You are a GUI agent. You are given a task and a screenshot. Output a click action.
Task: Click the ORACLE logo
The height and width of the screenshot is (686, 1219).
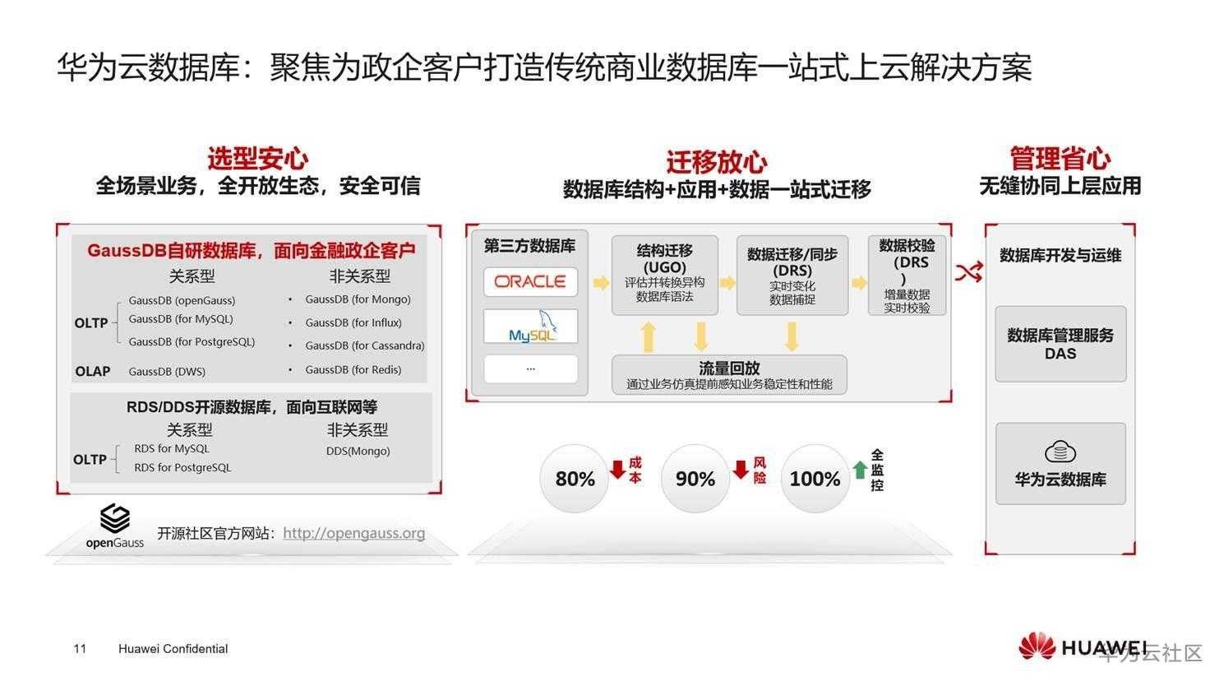coord(530,281)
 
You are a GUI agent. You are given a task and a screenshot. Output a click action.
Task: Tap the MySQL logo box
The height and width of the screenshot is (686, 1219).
coord(531,326)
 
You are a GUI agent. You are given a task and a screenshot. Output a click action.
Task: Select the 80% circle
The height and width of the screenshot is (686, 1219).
coord(574,479)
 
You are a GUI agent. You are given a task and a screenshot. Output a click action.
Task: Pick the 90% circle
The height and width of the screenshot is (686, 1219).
coord(695,479)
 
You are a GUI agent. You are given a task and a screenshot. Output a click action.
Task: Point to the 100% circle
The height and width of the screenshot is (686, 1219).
coord(815,479)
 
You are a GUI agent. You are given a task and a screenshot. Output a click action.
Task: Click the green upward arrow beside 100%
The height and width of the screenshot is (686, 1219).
coord(860,470)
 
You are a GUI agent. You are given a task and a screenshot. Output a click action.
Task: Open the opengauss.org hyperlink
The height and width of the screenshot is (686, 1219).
coord(353,533)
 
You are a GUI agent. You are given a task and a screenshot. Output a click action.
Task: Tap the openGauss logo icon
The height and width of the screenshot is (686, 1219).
coord(115,518)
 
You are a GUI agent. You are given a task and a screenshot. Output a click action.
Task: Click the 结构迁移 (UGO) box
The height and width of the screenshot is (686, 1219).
coord(664,275)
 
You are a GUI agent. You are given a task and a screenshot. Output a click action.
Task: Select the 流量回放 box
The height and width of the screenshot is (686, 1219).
coord(729,374)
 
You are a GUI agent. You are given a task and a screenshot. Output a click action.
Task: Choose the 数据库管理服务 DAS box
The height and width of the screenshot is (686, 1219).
coord(1060,344)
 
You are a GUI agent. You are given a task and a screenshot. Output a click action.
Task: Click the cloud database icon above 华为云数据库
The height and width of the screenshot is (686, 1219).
coord(1060,452)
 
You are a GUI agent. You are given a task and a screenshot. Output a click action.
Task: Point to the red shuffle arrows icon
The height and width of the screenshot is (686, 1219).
coord(968,272)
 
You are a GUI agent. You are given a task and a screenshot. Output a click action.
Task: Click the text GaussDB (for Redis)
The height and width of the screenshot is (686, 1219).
coord(353,369)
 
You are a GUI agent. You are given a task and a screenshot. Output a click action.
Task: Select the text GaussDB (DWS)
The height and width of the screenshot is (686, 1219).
coord(167,371)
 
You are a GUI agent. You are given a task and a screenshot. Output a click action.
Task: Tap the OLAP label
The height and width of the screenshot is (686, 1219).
coord(93,371)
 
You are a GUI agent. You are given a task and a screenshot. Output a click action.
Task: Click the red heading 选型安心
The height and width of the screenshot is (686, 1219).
coord(257,159)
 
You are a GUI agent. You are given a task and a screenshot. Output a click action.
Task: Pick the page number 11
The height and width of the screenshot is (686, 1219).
coord(80,648)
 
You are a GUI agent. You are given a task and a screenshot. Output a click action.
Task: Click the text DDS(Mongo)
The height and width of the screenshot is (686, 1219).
coord(358,452)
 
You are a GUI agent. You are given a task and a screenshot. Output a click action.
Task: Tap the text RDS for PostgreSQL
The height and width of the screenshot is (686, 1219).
coord(182,468)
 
